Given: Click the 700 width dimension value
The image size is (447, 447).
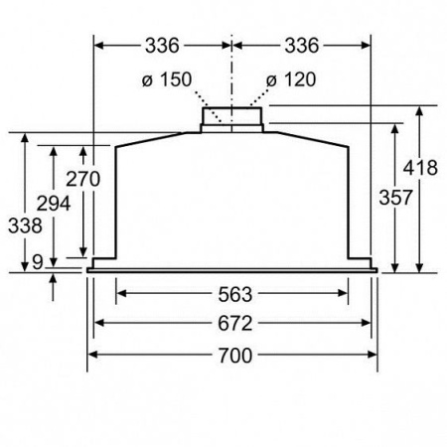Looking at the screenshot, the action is click(x=235, y=356).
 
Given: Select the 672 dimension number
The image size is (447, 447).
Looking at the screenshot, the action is click(x=235, y=324).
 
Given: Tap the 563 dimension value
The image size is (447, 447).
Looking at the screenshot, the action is click(x=235, y=294).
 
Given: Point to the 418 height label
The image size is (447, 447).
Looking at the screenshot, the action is click(x=420, y=168).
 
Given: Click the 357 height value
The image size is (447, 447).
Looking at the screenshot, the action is click(x=395, y=198).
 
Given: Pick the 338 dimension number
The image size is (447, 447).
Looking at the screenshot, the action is click(x=25, y=225).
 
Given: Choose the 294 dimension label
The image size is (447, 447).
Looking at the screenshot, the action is click(x=54, y=204).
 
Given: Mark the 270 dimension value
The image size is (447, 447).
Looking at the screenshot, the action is click(x=82, y=179).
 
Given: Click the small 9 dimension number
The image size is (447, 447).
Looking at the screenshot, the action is click(x=38, y=262).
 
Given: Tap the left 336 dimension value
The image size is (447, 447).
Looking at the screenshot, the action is click(x=162, y=46).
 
